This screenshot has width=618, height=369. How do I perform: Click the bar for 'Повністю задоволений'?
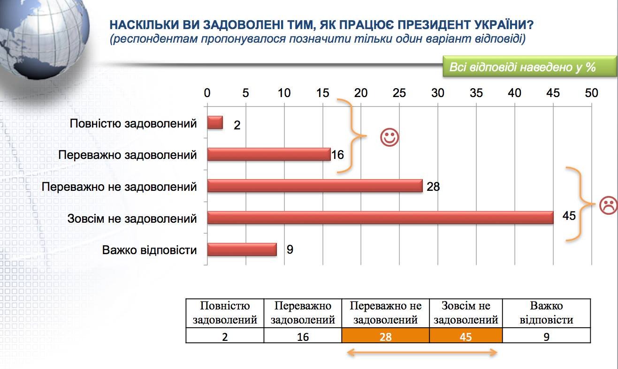click(215, 123)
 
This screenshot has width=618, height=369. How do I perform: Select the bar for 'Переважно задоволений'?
click(269, 154)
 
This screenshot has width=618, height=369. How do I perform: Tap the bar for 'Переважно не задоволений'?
click(315, 186)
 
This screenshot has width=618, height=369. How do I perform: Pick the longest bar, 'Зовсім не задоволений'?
click(380, 218)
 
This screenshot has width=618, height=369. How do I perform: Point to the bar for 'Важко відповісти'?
click(242, 249)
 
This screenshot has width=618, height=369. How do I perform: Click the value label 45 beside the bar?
click(569, 216)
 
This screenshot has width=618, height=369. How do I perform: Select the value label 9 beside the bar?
click(290, 249)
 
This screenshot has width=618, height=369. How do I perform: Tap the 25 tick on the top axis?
click(399, 93)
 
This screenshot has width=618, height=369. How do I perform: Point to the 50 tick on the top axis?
click(592, 93)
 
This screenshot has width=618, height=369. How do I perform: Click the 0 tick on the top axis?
click(207, 93)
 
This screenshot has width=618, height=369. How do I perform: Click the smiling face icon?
click(389, 137)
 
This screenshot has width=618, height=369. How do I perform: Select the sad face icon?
click(608, 205)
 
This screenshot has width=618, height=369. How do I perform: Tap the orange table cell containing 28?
click(385, 335)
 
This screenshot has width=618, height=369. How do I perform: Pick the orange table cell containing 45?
click(465, 335)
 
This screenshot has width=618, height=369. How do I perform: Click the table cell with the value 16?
click(303, 335)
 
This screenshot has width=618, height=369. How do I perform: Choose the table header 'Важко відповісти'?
click(546, 313)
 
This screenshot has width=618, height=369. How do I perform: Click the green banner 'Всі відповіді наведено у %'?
click(529, 67)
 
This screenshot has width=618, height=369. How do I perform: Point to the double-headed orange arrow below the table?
click(422, 353)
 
